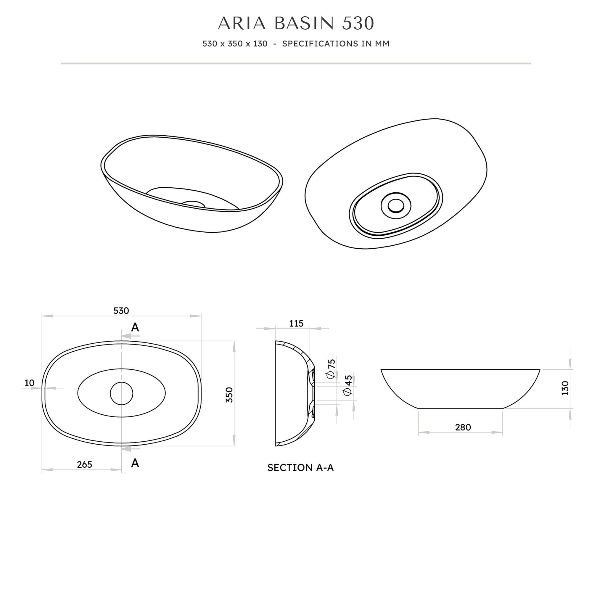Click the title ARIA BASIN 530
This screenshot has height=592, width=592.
[x=296, y=23]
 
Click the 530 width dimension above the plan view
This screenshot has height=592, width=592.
[x=121, y=311]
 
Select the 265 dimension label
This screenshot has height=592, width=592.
[x=85, y=464]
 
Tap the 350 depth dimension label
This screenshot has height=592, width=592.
[x=229, y=395]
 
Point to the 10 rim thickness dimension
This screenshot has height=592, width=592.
[x=30, y=383]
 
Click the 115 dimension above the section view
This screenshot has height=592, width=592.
[x=296, y=324]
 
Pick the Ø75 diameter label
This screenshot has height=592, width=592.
[x=332, y=369]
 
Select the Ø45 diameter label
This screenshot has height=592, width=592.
[x=348, y=385]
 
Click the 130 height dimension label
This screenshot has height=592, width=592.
[x=565, y=388]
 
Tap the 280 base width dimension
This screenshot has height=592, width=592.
[x=463, y=427]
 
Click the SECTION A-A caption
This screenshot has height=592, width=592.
[x=300, y=468]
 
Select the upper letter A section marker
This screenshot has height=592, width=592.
[x=135, y=328]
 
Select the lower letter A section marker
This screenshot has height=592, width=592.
[x=135, y=463]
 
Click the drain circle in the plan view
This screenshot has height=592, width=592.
[x=122, y=393]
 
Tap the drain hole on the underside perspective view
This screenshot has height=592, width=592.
[x=396, y=206]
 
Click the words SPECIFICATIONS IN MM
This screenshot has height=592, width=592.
[x=336, y=44]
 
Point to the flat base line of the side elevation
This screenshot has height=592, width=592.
[x=460, y=408]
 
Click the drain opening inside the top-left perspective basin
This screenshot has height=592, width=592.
[x=193, y=204]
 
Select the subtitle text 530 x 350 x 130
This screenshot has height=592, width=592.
[x=235, y=44]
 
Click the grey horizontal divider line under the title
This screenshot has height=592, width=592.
[x=296, y=63]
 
